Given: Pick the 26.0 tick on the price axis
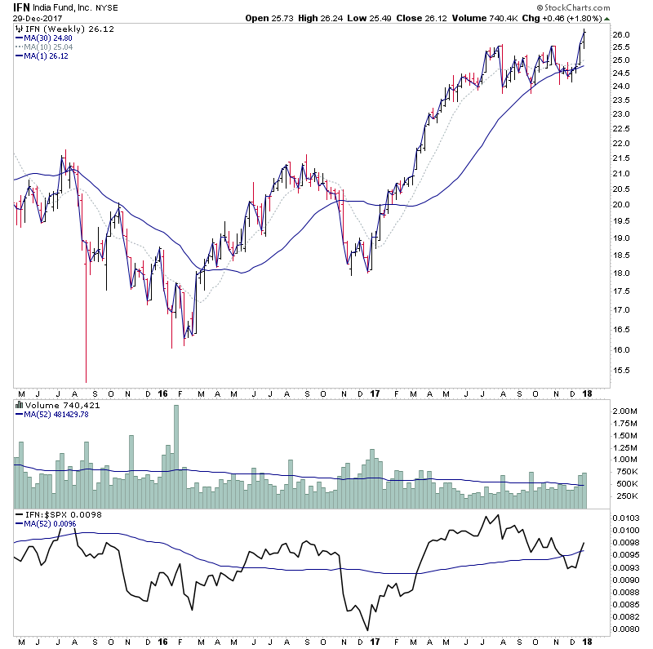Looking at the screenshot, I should click(621, 35).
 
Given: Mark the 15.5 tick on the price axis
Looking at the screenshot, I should click(621, 370).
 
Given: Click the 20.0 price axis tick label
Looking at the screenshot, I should click(621, 204).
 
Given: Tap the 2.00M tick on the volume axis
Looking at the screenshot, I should click(624, 411).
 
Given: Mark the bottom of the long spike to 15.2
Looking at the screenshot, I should click(87, 381).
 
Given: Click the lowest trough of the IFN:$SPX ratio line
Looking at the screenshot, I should click(368, 629).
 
